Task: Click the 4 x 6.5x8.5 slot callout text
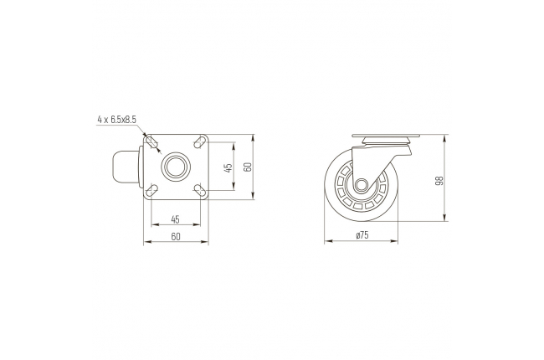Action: click(x=117, y=120)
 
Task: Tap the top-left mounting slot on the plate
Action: click(x=152, y=142)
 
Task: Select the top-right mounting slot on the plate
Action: click(x=199, y=142)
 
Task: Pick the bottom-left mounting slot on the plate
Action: click(x=152, y=190)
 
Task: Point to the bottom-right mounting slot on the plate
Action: click(x=199, y=190)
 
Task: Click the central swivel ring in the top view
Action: click(x=176, y=167)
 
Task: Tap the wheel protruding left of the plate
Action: click(x=126, y=167)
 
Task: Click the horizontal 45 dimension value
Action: click(x=175, y=219)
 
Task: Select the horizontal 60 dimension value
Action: click(x=176, y=236)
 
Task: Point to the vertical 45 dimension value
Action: click(x=228, y=167)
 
